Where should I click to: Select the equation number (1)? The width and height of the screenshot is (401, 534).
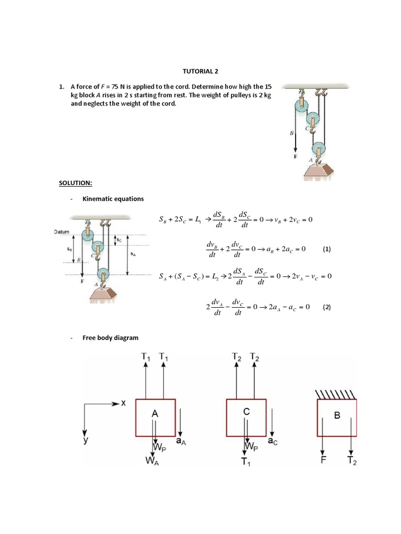327,249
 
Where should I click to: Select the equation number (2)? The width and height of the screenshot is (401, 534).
327,307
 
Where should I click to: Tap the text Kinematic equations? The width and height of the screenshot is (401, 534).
113,199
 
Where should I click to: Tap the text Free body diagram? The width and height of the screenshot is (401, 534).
111,337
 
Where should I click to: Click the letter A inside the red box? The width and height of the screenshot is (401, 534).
155,413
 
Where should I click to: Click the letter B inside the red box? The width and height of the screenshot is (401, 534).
337,416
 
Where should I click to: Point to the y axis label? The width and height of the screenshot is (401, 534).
85,441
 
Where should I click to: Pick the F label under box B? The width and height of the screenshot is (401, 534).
324,459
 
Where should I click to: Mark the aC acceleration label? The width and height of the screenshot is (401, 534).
273,441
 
